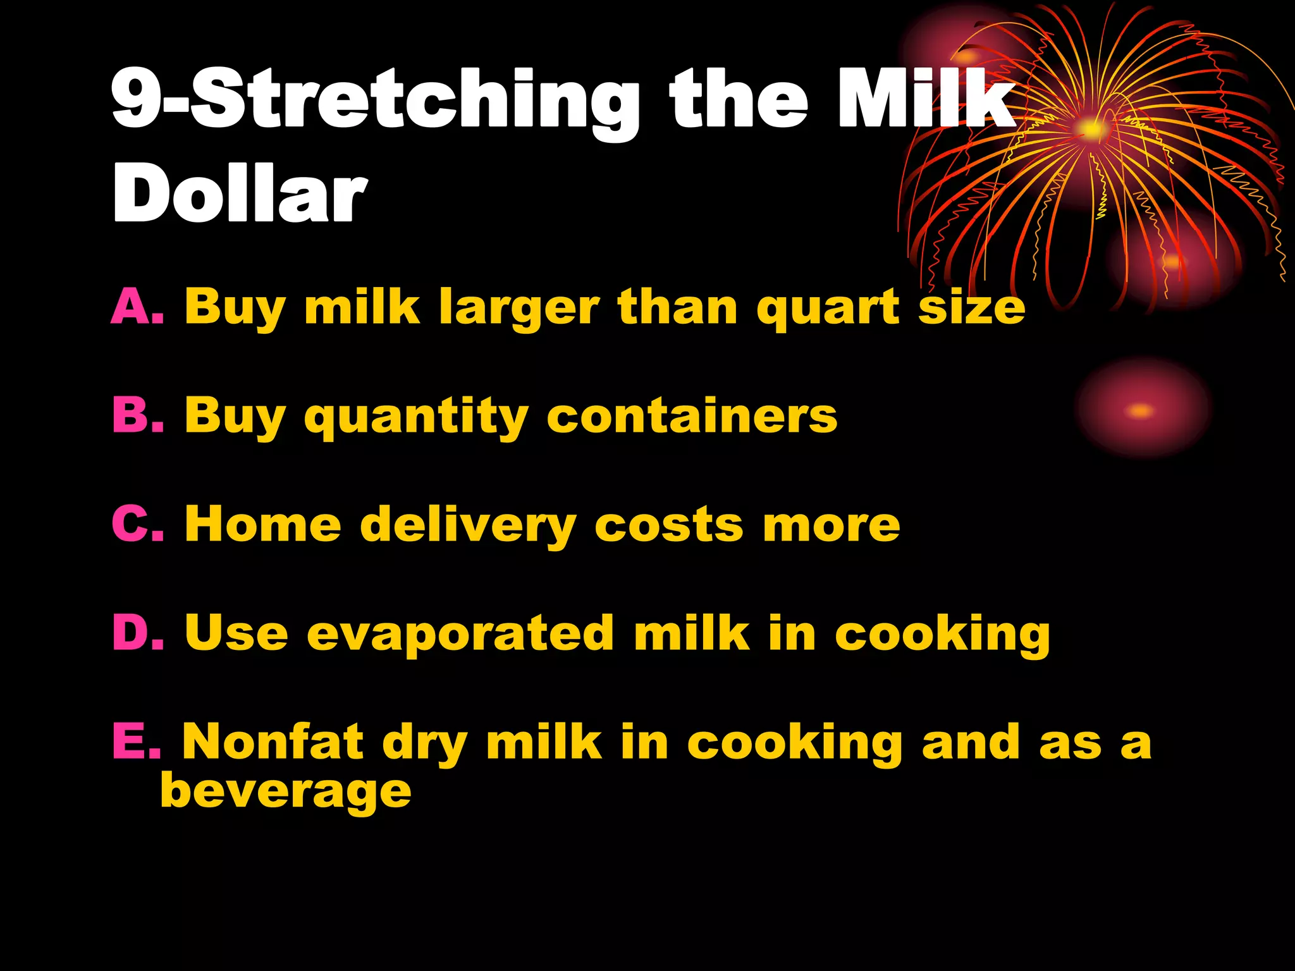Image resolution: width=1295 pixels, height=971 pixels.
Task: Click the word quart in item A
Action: tap(828, 308)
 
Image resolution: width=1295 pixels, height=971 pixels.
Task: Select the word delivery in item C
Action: tap(468, 526)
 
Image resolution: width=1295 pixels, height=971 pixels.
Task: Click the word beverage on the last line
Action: tap(285, 791)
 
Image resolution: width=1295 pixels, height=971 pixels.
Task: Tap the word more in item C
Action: tap(831, 526)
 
